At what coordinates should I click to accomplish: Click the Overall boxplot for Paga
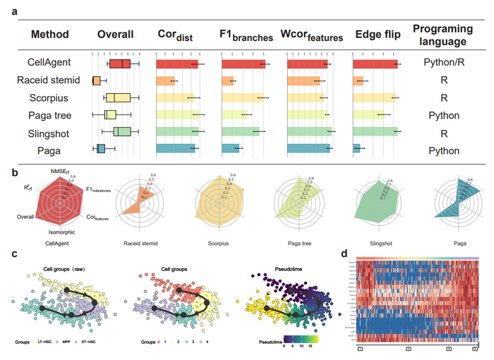tap(100, 148)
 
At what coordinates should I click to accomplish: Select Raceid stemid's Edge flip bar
tap(358, 80)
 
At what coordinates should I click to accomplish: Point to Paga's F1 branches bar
tap(230, 148)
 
